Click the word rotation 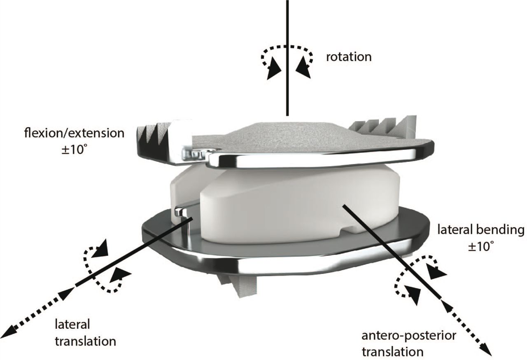349,57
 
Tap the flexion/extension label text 74,133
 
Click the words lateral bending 480,230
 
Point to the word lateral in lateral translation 72,324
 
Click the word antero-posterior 409,336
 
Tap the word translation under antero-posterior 393,352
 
